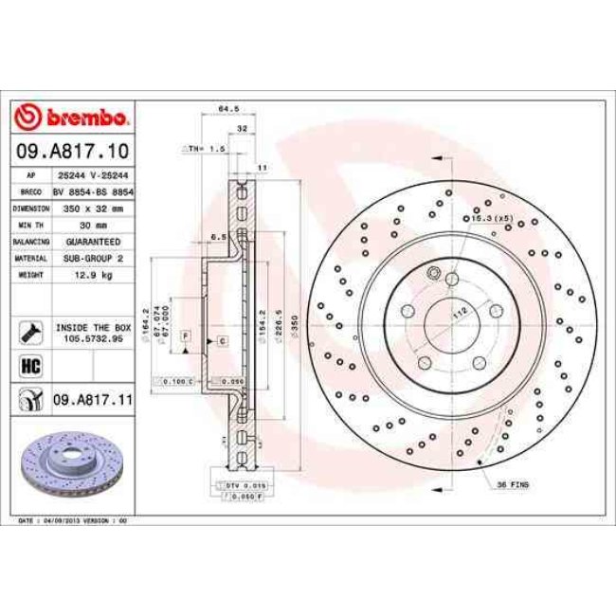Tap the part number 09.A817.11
91,401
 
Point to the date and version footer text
74,521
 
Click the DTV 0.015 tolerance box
237,484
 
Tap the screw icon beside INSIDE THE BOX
27,331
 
